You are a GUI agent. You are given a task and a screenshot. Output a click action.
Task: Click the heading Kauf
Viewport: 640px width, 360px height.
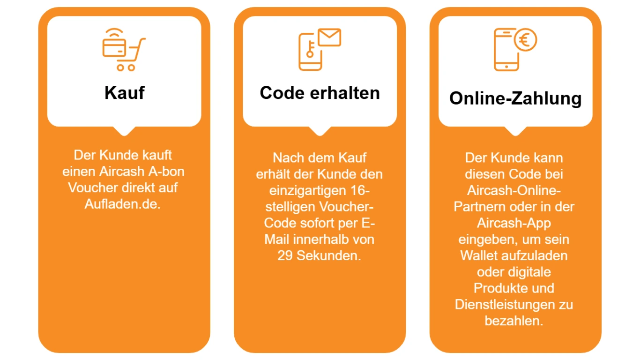(124, 92)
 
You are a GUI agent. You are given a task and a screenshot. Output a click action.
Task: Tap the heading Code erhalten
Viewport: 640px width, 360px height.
(320, 92)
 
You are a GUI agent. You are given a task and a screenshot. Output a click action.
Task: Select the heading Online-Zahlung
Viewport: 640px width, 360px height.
(515, 98)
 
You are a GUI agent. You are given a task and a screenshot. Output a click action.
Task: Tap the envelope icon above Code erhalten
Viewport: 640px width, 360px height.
(329, 37)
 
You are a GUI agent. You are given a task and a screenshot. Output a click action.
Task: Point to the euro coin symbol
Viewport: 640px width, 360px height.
(525, 40)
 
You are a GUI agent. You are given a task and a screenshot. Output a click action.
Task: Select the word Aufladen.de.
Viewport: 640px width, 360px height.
(123, 204)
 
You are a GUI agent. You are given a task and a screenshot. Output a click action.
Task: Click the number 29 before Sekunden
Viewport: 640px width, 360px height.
(285, 256)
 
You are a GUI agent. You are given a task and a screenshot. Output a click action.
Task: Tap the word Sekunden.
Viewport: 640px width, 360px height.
(329, 256)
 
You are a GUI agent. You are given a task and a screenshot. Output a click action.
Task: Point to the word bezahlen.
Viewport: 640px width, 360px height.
(514, 321)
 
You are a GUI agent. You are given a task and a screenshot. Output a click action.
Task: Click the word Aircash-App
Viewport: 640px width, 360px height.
(514, 223)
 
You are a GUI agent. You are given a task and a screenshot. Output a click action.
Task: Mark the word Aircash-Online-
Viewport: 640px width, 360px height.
(514, 190)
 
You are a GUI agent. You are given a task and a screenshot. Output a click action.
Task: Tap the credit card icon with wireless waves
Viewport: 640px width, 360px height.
(114, 45)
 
